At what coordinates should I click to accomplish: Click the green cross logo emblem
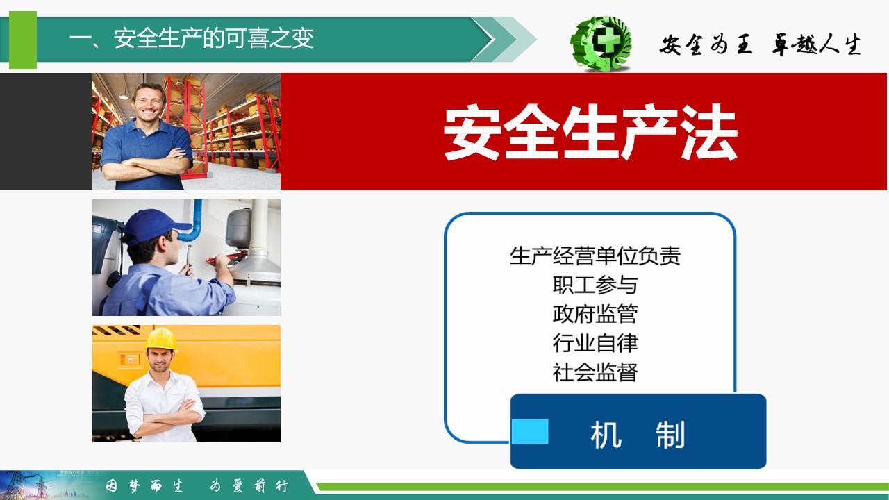[x=601, y=43]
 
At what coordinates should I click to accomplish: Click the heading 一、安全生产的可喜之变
[x=192, y=38]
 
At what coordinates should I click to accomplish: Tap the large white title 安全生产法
[x=590, y=132]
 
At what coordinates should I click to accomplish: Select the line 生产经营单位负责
[x=595, y=256]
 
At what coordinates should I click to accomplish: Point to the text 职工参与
[x=595, y=285]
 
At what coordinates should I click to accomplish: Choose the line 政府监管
[x=595, y=314]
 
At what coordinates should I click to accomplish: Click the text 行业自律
[x=595, y=343]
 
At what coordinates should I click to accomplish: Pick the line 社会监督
[x=595, y=372]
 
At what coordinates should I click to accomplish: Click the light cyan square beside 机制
[x=530, y=432]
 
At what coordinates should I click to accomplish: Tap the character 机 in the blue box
[x=606, y=435]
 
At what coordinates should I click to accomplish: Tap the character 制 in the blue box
[x=670, y=435]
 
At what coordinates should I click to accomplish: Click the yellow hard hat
[x=161, y=339]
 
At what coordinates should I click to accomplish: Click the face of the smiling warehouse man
[x=149, y=102]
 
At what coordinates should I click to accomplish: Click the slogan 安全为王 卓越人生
[x=760, y=44]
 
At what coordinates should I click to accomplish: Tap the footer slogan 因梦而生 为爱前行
[x=197, y=485]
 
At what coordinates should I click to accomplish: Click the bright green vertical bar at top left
[x=23, y=40]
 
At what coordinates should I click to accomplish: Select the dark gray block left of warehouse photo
[x=46, y=131]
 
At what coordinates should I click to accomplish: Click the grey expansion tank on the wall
[x=238, y=228]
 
